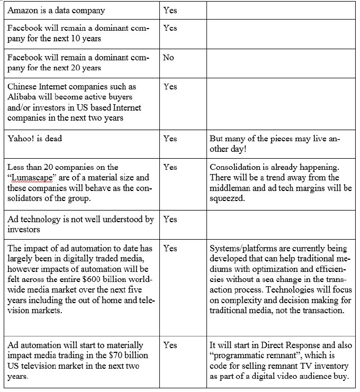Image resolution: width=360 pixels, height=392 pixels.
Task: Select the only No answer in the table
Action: [168, 58]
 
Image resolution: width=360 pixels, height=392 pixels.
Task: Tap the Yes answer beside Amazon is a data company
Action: [170, 10]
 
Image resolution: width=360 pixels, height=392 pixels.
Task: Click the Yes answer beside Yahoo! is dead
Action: [170, 139]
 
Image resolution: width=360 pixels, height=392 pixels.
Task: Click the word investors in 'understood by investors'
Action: [24, 229]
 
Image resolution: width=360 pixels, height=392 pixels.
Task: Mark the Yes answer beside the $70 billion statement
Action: [170, 345]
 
